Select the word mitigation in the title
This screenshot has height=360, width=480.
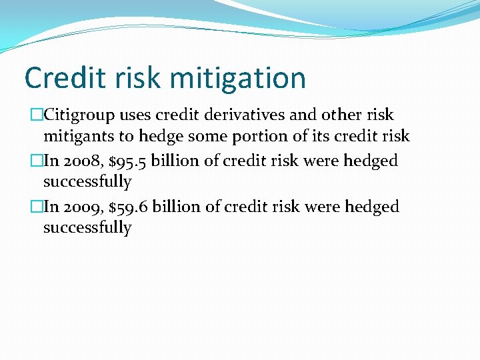(237, 78)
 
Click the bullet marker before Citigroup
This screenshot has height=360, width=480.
(37, 116)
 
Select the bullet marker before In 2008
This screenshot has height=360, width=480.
(37, 161)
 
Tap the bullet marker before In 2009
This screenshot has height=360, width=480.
(37, 207)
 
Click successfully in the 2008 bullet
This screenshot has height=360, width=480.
(87, 181)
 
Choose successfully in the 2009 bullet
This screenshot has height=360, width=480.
(87, 228)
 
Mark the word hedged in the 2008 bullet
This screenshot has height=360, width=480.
(371, 161)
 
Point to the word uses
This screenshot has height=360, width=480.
(135, 116)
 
